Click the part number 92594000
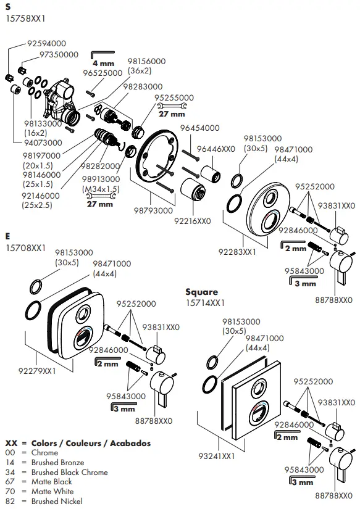(46, 44)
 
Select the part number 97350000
(59, 54)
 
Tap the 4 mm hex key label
(103, 64)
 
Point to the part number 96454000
(199, 128)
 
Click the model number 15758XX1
(26, 19)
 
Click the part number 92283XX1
(237, 252)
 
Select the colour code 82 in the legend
(10, 502)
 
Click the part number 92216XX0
(192, 220)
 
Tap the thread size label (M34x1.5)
(101, 188)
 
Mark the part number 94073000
(44, 143)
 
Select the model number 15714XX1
(206, 303)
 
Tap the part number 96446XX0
(216, 149)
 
